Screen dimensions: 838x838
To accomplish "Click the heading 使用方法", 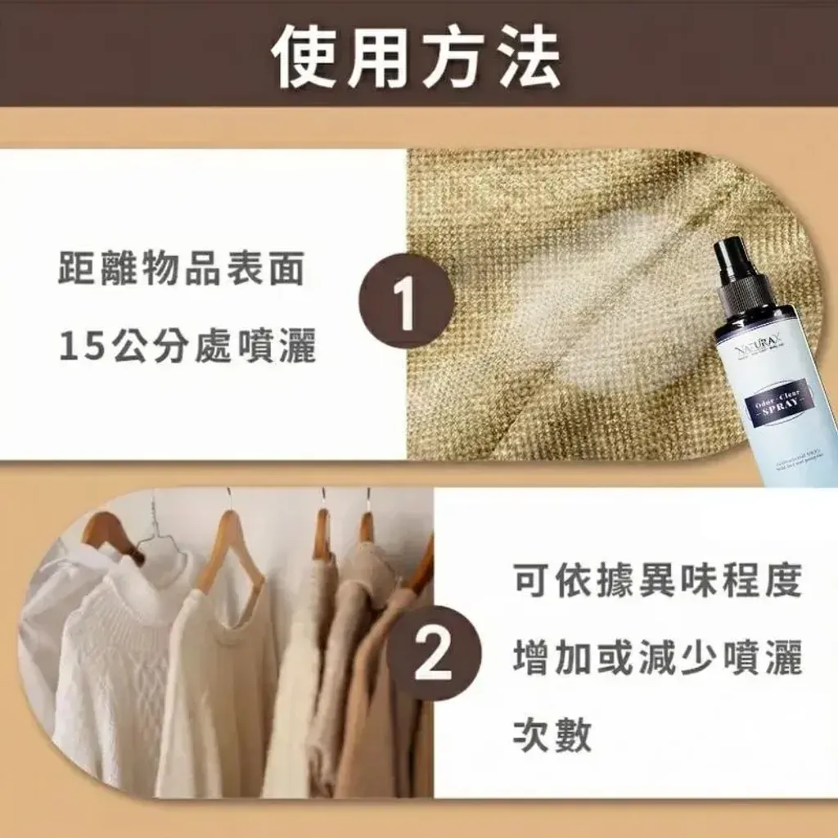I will [x=417, y=58].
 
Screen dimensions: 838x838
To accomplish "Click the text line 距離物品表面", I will [x=182, y=269].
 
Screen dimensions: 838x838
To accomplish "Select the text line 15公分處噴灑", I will [x=187, y=348].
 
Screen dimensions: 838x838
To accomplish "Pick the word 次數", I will [x=552, y=736].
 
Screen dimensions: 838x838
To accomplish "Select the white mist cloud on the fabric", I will [x=589, y=319].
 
